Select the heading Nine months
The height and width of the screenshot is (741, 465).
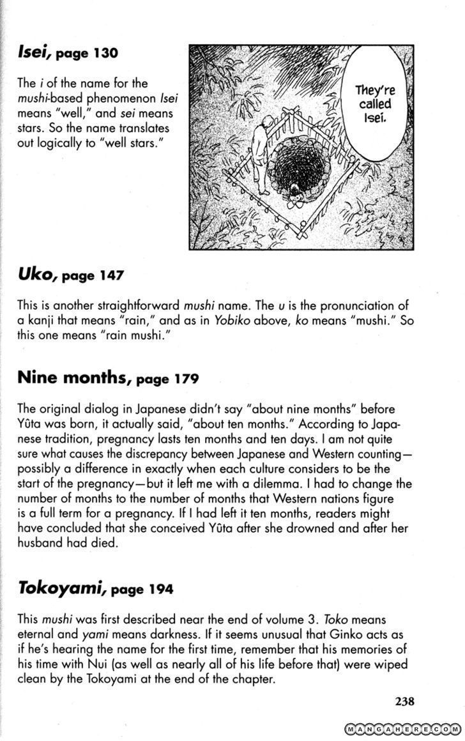[72, 378]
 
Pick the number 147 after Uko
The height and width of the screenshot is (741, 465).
[112, 277]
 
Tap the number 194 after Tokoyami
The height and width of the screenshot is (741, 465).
[160, 590]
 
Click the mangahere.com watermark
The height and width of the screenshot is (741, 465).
[402, 729]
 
